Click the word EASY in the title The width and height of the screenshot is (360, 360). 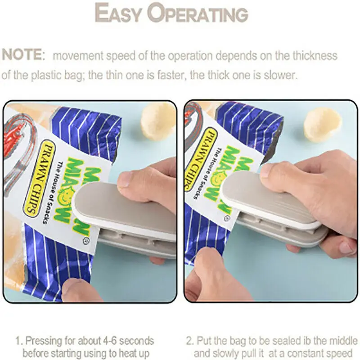[x=118, y=13]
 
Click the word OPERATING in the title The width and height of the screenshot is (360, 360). [x=198, y=13]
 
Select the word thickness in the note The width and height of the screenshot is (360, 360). [x=315, y=56]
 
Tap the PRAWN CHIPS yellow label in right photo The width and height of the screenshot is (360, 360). [x=201, y=158]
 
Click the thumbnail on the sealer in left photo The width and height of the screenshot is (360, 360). [x=126, y=180]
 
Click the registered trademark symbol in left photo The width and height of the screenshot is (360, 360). [x=87, y=241]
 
